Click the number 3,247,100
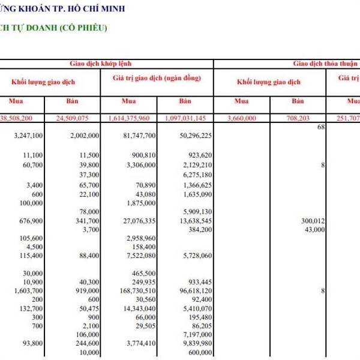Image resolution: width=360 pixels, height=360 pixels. coord(27,136)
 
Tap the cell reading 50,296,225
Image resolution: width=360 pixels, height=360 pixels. coord(193,136)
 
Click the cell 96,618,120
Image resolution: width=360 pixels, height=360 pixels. coord(193,291)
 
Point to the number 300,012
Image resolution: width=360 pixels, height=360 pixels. coord(313,221)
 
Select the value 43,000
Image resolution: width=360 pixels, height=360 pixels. coord(315,229)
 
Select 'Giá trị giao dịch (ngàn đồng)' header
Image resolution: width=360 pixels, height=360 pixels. coord(156,79)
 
